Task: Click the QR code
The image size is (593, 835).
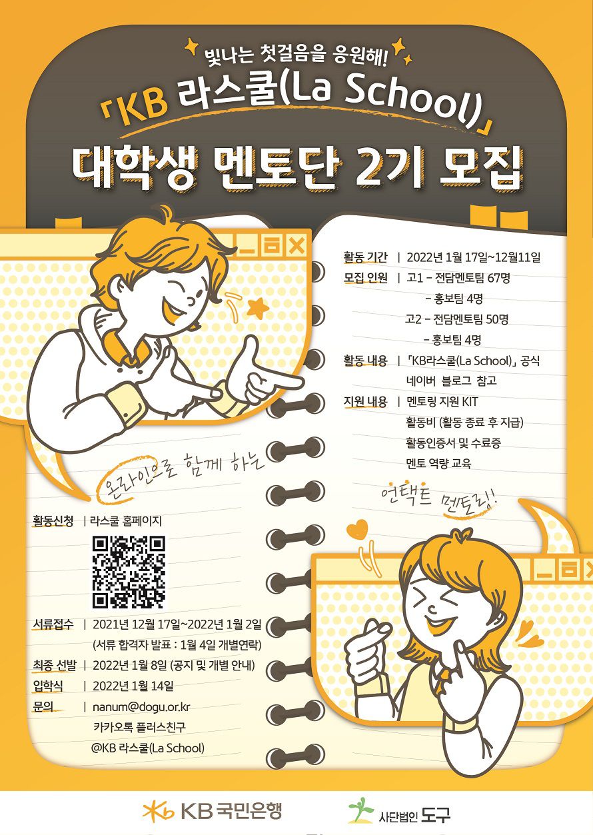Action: (x=129, y=572)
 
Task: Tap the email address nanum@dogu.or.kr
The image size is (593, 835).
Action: (x=141, y=706)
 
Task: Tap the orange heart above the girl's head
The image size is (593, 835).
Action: (x=356, y=528)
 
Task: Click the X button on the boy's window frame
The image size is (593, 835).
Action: (x=296, y=246)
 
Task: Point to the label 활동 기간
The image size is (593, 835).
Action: (x=365, y=257)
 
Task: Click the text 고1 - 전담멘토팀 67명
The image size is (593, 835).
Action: (x=458, y=278)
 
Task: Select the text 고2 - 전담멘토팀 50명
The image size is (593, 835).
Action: (x=456, y=319)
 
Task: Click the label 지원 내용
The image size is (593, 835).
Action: (x=365, y=401)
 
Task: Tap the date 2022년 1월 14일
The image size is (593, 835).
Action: (x=133, y=686)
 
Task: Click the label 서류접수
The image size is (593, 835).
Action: (x=53, y=624)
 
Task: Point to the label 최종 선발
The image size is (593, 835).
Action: (x=55, y=665)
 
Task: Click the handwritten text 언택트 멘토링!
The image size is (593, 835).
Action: (x=439, y=500)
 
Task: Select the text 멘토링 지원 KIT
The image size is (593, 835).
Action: (x=442, y=401)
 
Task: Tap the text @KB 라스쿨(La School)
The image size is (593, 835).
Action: (x=148, y=748)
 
